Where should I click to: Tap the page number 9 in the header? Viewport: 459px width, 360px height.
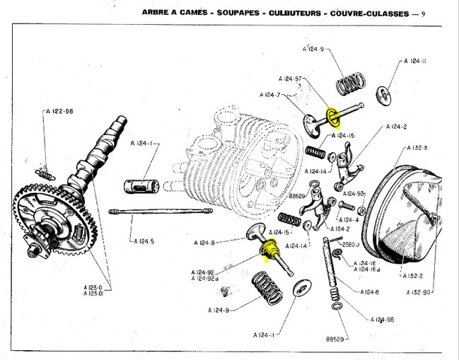[422, 12]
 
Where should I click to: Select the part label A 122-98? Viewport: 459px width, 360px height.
[59, 111]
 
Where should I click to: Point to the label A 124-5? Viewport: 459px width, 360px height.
[144, 241]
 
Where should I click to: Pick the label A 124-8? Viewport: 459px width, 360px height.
[204, 243]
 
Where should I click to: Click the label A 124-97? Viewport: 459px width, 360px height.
[290, 79]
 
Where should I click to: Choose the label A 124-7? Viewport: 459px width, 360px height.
[270, 95]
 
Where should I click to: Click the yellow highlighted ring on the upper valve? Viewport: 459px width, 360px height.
[330, 115]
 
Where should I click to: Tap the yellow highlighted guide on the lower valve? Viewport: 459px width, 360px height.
[269, 250]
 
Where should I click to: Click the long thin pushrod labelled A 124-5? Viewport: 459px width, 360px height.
[161, 211]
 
